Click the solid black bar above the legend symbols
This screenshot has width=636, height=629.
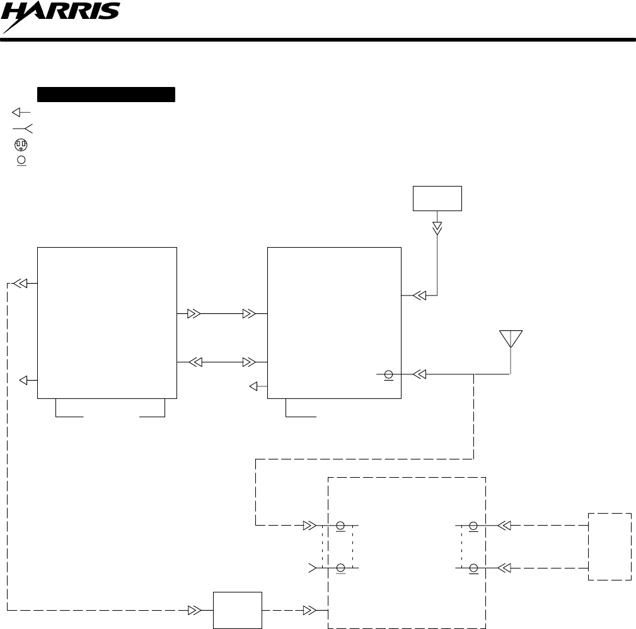(x=106, y=95)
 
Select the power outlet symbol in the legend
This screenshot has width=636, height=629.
(x=21, y=144)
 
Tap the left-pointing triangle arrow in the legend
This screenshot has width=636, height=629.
(x=21, y=112)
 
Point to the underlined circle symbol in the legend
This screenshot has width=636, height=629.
(x=21, y=160)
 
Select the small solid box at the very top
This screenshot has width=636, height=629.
(x=437, y=199)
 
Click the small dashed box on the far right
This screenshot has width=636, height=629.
(x=610, y=546)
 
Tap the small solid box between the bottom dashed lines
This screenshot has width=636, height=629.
(x=238, y=610)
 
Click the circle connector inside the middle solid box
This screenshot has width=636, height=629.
(x=389, y=374)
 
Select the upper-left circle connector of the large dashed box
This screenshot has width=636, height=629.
(x=340, y=525)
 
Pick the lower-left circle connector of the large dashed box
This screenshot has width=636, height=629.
(x=340, y=568)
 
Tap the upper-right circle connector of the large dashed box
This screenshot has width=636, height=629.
(x=473, y=525)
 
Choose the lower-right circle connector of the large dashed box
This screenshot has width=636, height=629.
(x=473, y=568)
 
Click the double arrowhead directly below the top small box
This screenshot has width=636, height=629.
(x=437, y=228)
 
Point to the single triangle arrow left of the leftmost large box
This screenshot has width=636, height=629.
(x=25, y=380)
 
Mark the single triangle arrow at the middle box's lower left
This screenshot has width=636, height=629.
(x=255, y=386)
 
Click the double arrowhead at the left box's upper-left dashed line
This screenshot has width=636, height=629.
(x=21, y=284)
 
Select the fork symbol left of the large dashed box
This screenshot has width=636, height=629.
(x=312, y=568)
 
